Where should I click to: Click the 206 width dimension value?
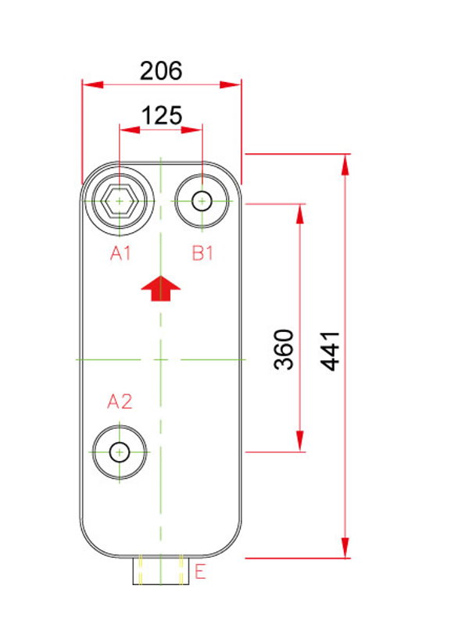coord(161,70)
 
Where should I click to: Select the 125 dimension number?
coord(162,116)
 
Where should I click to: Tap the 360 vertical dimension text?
coord(284,349)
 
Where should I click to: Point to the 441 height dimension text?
coord(330,351)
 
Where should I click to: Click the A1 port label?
coord(120,253)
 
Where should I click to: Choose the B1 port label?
coord(202,253)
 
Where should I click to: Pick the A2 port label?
coord(120,402)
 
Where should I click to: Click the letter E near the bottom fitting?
coord(200,572)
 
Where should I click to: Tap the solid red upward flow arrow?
coord(161,287)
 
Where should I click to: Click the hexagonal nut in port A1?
coord(120,202)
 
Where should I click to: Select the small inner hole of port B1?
coord(202,201)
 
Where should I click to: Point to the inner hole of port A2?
coord(120,452)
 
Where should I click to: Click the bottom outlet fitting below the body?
coord(161,570)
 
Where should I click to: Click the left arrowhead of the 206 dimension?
coord(92,84)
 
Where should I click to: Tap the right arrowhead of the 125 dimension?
coord(192,130)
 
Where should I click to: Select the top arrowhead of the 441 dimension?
coord(345,164)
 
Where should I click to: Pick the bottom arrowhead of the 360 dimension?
coord(300,441)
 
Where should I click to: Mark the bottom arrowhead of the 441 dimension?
coord(345,548)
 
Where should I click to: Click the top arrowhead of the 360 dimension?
coord(300,214)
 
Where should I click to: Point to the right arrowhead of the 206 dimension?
coord(231,84)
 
